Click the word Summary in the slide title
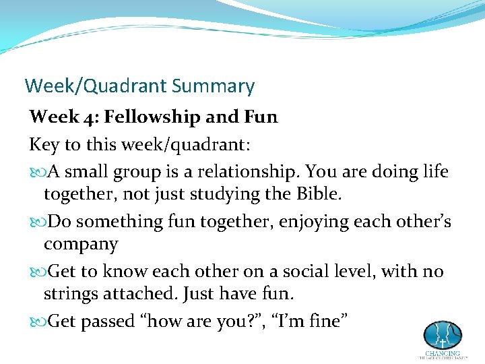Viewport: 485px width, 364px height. [x=213, y=86]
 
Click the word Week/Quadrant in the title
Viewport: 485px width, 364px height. [x=96, y=86]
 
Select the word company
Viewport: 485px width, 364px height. [x=81, y=245]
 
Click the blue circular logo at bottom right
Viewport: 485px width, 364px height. [x=442, y=335]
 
